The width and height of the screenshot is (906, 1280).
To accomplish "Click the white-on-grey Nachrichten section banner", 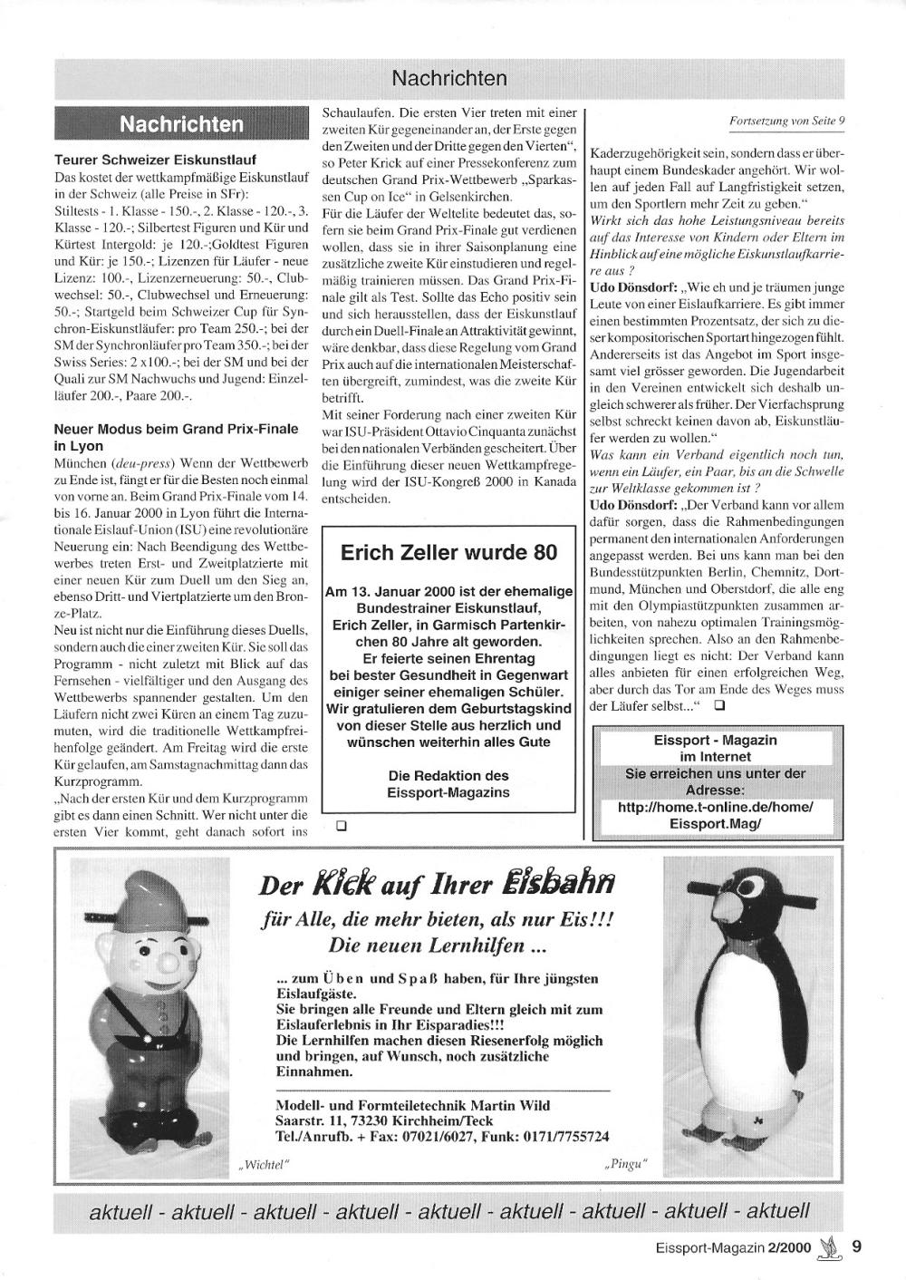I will pos(182,123).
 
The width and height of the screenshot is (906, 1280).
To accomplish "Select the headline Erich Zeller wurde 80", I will pos(448,553).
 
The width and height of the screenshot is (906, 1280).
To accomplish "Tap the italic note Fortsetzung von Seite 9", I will pos(786,120).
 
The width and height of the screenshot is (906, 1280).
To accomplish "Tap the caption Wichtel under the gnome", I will pos(264,1163).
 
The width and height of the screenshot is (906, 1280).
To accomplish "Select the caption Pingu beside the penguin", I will pos(626,1163).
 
